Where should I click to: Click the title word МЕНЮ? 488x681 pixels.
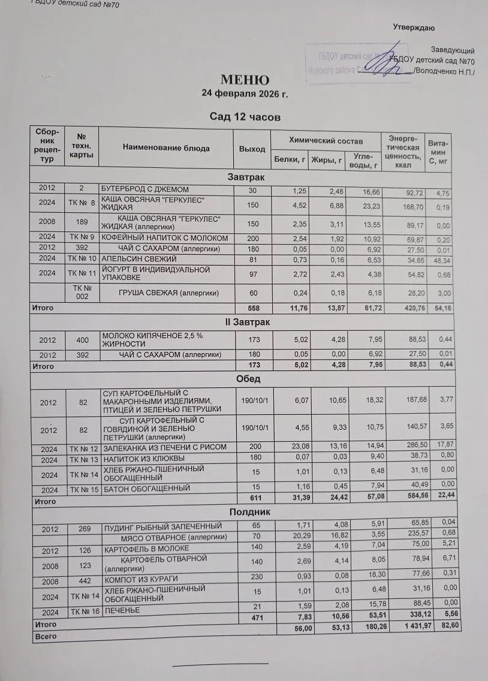[x=245, y=80]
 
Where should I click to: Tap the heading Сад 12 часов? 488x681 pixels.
[x=245, y=117]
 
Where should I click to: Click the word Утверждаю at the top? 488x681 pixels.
[x=414, y=28]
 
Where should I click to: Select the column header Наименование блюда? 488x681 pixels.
[x=166, y=148]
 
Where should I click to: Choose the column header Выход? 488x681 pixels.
[x=252, y=149]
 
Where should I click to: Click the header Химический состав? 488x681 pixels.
[x=326, y=140]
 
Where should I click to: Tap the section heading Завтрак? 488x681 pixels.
[x=246, y=177]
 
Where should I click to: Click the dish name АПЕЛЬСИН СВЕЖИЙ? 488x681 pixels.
[x=138, y=259]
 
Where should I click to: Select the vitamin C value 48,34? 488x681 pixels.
[x=444, y=260]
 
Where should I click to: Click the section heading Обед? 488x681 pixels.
[x=246, y=379]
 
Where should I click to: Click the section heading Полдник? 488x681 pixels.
[x=246, y=513]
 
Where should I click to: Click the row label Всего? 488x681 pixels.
[x=46, y=636]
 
